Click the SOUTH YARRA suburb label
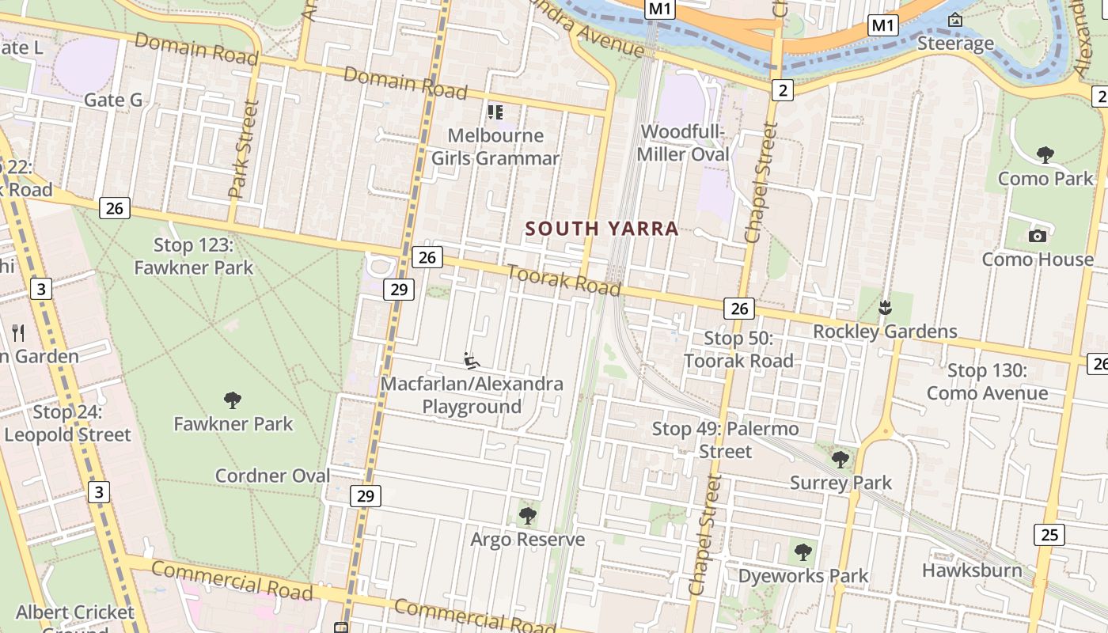pyautogui.click(x=602, y=229)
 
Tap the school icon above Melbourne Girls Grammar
pyautogui.click(x=495, y=112)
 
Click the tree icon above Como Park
pyautogui.click(x=1045, y=154)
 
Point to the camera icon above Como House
pyautogui.click(x=1038, y=236)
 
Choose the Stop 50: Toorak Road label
pyautogui.click(x=738, y=350)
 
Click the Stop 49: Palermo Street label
pyautogui.click(x=725, y=440)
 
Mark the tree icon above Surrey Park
pyautogui.click(x=840, y=459)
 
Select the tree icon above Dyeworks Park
pyautogui.click(x=803, y=552)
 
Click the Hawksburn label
pyautogui.click(x=972, y=570)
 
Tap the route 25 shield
pyautogui.click(x=1049, y=535)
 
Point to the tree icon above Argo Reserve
pyautogui.click(x=527, y=516)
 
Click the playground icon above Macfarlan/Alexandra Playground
pyautogui.click(x=472, y=361)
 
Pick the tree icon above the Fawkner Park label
pyautogui.click(x=233, y=400)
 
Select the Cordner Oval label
pyautogui.click(x=273, y=476)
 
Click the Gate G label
pyautogui.click(x=113, y=100)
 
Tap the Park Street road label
pyautogui.click(x=243, y=150)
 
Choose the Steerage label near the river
pyautogui.click(x=955, y=44)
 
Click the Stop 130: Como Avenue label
pyautogui.click(x=987, y=381)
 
